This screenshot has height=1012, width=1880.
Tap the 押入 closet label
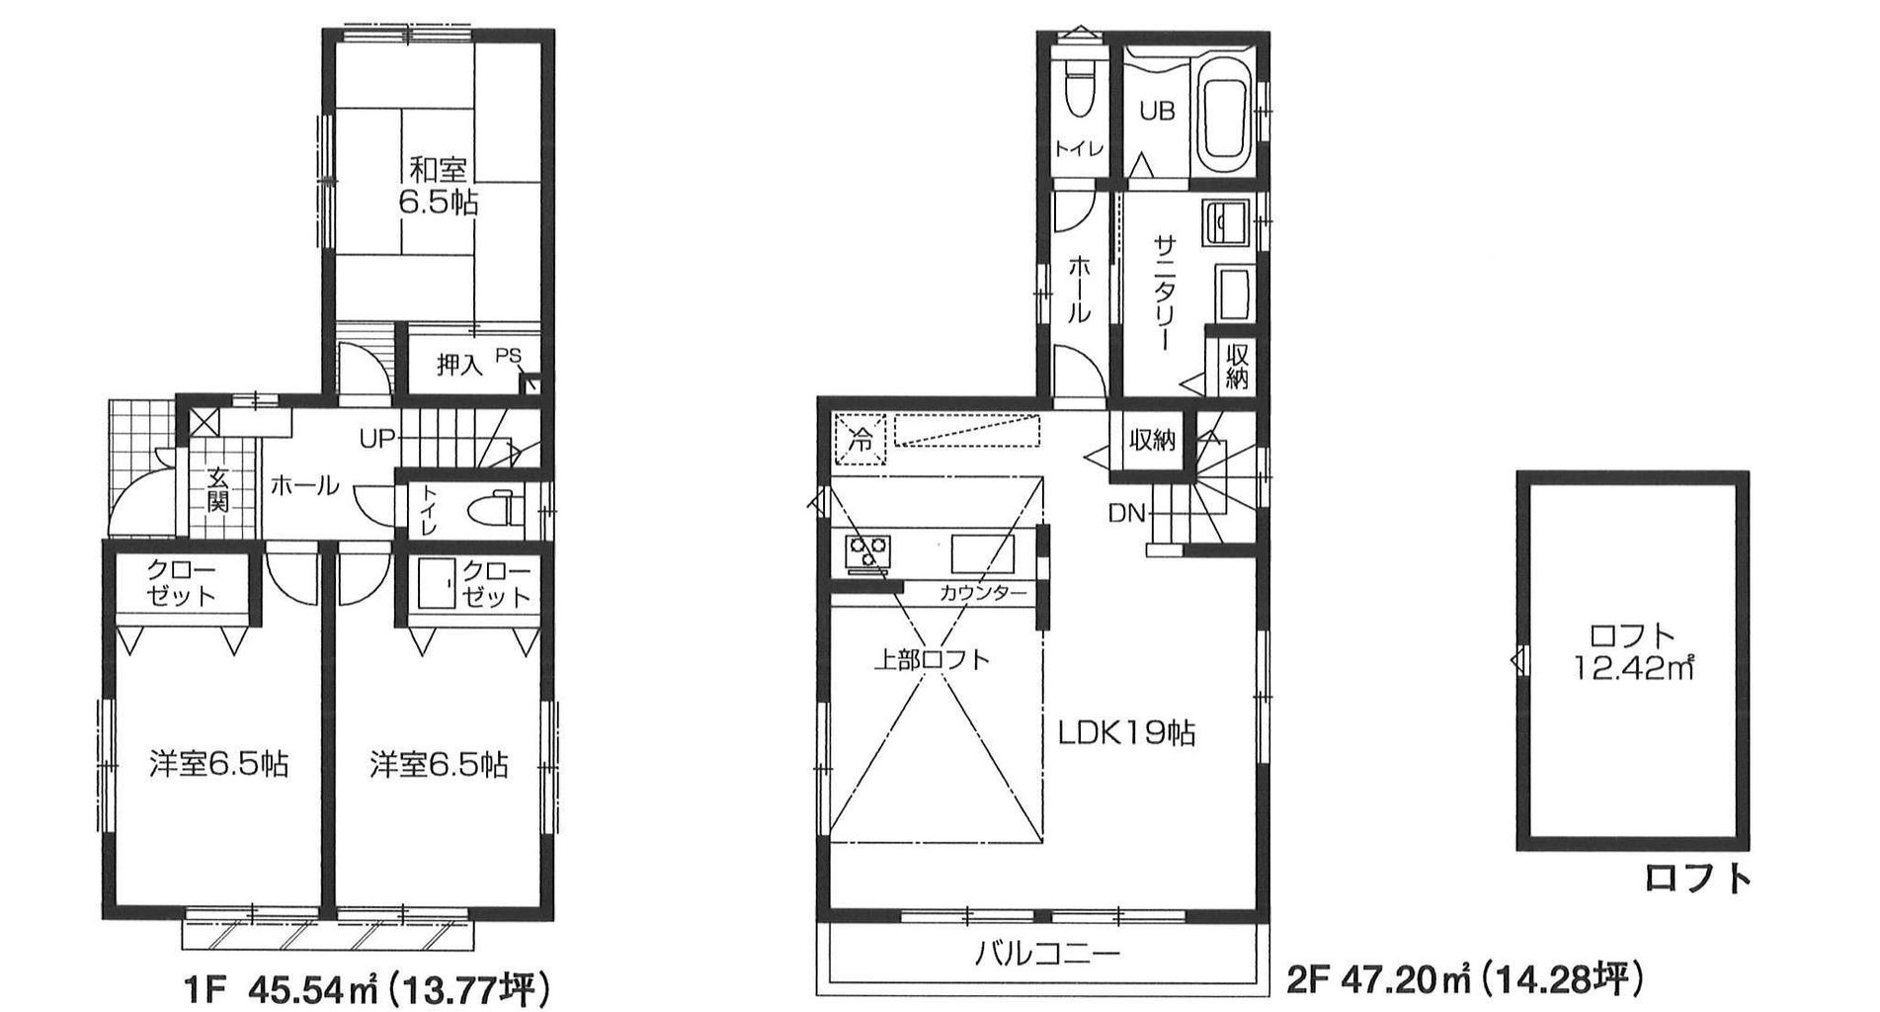pyautogui.click(x=459, y=366)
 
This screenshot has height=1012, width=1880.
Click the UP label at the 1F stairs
pyautogui.click(x=377, y=438)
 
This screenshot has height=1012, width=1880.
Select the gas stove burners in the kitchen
pyautogui.click(x=866, y=551)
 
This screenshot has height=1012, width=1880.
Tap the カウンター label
pyautogui.click(x=983, y=593)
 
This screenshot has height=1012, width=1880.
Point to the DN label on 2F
pyautogui.click(x=1126, y=513)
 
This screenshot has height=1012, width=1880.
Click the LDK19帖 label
pyautogui.click(x=1127, y=733)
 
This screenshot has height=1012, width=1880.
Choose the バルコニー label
pyautogui.click(x=1048, y=954)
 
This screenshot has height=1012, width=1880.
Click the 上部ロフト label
pyautogui.click(x=931, y=659)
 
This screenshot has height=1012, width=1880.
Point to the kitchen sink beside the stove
pyautogui.click(x=983, y=553)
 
